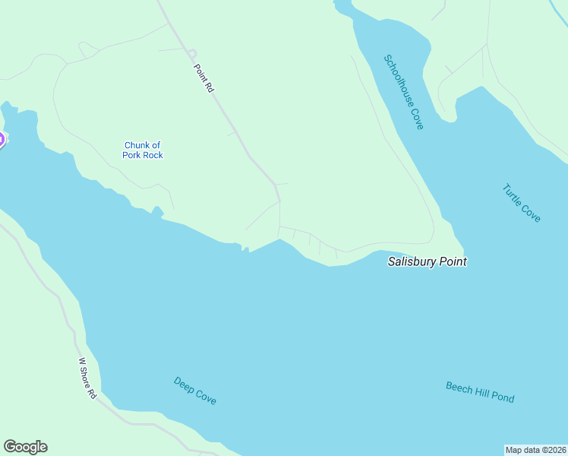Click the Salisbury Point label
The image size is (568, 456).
click(x=427, y=261)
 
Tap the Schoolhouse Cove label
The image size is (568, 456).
click(x=403, y=92)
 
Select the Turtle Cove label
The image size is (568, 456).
click(x=522, y=203)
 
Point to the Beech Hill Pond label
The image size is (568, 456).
click(x=479, y=392)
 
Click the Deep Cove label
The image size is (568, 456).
click(x=194, y=391)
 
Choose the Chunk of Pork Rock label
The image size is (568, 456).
click(x=143, y=150)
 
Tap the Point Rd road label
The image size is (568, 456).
click(x=204, y=79)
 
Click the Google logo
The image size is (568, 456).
click(x=25, y=447)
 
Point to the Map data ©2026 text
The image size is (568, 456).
click(x=536, y=450)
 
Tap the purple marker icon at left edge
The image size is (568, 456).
click(x=2, y=140)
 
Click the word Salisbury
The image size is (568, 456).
click(x=412, y=261)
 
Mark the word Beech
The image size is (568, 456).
click(x=458, y=387)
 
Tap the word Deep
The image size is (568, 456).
click(x=184, y=384)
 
